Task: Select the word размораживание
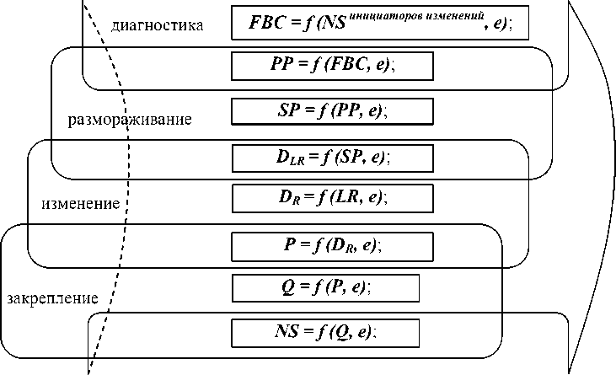tap(130, 119)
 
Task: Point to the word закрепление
tap(52, 298)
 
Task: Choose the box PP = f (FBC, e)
tap(332, 65)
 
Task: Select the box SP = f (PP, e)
tap(332, 110)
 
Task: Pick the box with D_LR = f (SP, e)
tap(332, 157)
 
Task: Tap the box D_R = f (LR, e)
tap(332, 197)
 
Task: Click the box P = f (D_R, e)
tap(332, 245)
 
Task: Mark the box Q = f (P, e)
tap(325, 287)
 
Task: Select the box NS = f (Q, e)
tap(325, 332)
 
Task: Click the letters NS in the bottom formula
tap(285, 332)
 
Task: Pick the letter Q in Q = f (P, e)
tap(287, 287)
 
